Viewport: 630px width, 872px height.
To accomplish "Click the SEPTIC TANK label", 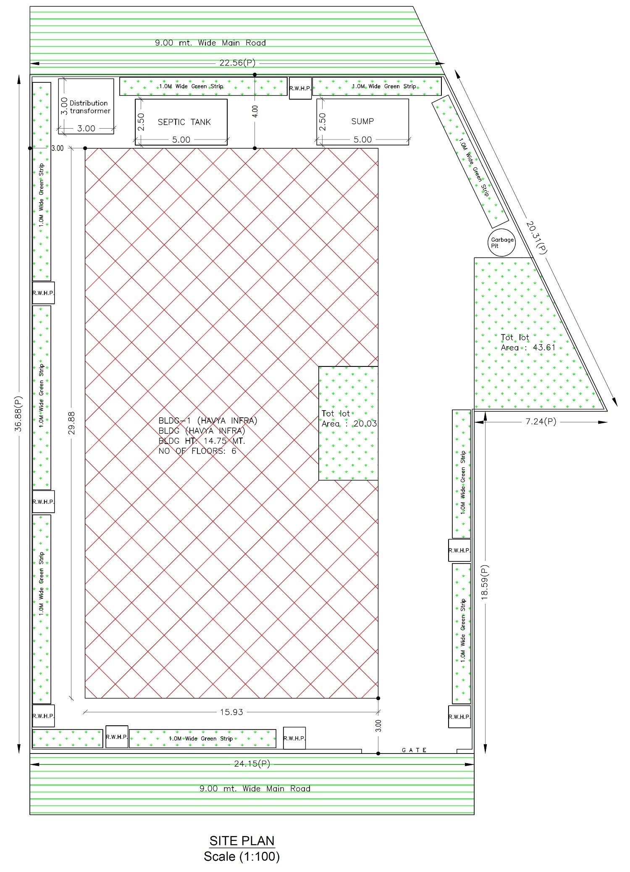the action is tap(184, 122).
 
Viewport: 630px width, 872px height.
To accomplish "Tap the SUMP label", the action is tap(362, 121).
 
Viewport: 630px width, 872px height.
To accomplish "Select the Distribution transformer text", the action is tap(89, 107).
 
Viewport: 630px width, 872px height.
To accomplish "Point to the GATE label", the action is tap(414, 750).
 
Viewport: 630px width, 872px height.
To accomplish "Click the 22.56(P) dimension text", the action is tap(237, 63).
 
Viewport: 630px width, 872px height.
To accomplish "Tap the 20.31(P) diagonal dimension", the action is tap(537, 237).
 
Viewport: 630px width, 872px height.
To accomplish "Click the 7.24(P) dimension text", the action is tap(541, 422).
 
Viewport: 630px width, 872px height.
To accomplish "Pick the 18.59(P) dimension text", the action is tap(484, 582).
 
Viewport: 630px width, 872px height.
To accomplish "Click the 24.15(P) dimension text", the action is tap(252, 764).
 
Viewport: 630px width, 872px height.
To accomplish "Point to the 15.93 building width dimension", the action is tap(232, 712).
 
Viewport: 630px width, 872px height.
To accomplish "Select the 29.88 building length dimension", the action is tap(71, 423).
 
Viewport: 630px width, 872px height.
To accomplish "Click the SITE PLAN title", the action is tap(242, 840).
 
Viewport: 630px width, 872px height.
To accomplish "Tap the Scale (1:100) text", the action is tap(242, 856).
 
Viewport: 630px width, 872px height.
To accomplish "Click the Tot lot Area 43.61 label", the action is tap(528, 342).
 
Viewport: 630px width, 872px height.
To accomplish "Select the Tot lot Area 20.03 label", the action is tap(349, 419).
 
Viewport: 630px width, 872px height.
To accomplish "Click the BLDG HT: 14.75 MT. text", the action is tap(202, 441).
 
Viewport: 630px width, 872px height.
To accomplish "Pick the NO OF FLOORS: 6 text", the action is tap(197, 451).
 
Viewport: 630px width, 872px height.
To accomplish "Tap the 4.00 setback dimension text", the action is tap(255, 111).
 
